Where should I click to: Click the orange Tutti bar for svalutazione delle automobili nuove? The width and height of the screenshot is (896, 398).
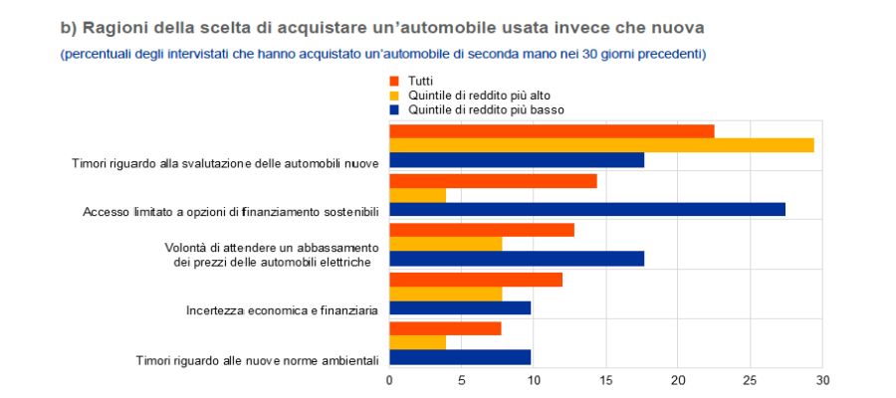552,131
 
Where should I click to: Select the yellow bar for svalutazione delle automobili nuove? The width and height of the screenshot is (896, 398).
601,145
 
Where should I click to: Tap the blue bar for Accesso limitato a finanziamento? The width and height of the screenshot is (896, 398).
587,209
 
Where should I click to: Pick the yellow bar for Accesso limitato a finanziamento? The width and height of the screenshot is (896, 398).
417,195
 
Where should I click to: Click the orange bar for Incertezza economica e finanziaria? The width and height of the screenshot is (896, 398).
476,280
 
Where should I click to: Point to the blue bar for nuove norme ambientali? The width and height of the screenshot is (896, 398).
460,356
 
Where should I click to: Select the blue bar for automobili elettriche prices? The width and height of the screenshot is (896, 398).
517,259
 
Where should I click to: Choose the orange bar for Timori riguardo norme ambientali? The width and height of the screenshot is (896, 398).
445,328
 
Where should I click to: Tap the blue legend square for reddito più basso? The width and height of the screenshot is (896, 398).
395,110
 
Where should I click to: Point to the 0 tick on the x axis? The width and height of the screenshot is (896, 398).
389,379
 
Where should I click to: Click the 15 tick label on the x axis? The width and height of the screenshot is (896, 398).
606,379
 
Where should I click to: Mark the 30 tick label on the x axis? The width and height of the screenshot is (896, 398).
822,379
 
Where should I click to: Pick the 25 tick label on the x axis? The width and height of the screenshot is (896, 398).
751,379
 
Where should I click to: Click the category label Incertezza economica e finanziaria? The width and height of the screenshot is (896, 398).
282,310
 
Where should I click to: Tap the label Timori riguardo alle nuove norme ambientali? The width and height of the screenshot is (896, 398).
257,359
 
